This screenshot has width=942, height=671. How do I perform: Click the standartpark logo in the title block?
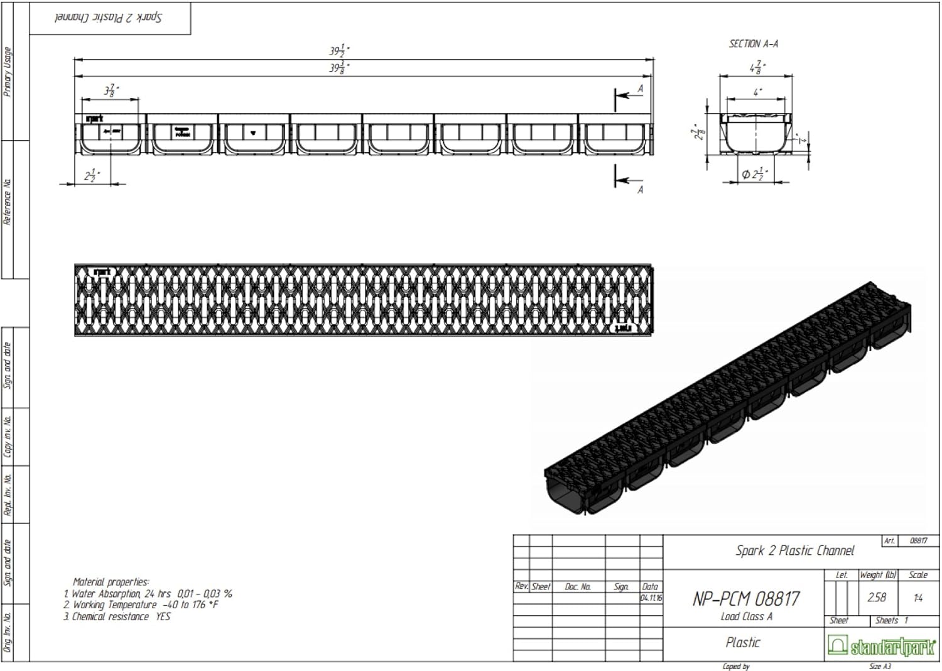coord(881,646)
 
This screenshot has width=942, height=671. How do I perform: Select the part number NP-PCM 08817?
coord(746,599)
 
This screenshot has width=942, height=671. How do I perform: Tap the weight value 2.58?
coord(876,597)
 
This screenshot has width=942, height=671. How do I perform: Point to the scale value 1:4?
coord(918,597)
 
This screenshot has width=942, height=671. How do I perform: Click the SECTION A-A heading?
coord(753,44)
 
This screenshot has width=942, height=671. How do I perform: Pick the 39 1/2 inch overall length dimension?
coord(339,51)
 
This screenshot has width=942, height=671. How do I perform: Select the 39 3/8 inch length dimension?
coord(339,68)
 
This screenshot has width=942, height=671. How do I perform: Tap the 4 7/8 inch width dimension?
coord(757,67)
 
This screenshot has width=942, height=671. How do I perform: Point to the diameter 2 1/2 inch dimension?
coord(754,175)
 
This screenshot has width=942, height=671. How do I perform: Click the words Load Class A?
coord(746,616)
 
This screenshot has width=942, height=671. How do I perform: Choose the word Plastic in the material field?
coord(743,643)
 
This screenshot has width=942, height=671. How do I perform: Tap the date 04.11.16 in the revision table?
coord(651,597)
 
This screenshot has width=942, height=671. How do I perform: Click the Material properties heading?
coord(111,582)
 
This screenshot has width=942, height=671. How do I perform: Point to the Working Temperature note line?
coord(145,605)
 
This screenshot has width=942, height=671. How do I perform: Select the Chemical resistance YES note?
coord(121,616)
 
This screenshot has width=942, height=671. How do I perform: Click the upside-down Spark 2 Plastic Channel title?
coord(109,18)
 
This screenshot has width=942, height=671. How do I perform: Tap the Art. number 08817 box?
coord(918,540)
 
